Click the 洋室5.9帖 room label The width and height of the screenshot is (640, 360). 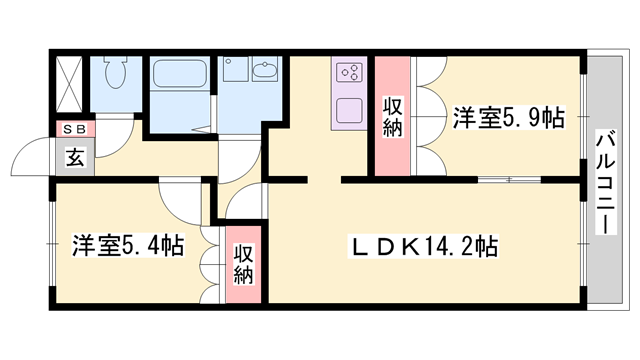pos(508,117)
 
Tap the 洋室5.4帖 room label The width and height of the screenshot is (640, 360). pos(126,244)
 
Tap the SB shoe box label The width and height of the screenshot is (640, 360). pos(75,129)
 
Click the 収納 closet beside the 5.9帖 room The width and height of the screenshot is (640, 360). pos(392,115)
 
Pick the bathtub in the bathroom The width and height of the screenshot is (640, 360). pos(180,76)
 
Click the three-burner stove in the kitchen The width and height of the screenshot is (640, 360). pos(349,72)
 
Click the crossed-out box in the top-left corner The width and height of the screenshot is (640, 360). pos(69,81)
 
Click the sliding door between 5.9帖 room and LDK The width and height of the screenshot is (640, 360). pos(510,179)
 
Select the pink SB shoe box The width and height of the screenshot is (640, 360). pos(75,129)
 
